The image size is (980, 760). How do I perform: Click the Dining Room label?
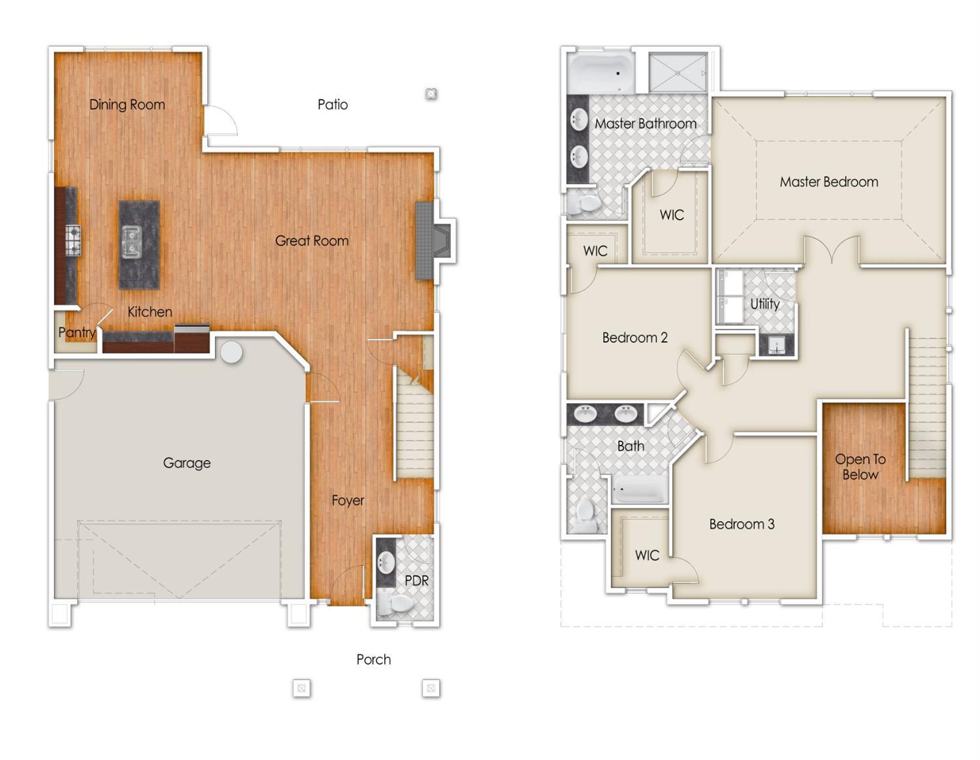[x=127, y=105]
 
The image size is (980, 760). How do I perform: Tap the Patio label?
[x=333, y=105]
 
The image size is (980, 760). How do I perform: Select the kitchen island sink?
[x=132, y=241]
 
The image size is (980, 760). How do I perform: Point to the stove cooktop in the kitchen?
[x=73, y=240]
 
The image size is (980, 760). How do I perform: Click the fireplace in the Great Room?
[x=433, y=240]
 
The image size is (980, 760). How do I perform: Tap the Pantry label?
[x=76, y=333]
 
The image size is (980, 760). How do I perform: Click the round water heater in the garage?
[x=231, y=352]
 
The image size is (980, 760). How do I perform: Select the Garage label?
[x=187, y=463]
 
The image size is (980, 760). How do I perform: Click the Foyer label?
[x=348, y=501]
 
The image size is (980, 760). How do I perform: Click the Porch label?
[x=374, y=659]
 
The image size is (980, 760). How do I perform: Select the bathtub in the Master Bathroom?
[x=600, y=73]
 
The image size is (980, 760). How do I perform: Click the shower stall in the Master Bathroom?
[x=678, y=72]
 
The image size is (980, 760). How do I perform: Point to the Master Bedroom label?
[x=828, y=182]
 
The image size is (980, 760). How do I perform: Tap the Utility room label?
[x=764, y=304]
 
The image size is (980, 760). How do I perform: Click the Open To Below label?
[x=860, y=467]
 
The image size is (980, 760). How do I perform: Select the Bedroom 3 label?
[x=742, y=524]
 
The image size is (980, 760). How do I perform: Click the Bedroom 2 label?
[x=634, y=338]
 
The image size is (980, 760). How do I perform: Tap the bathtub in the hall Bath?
[x=639, y=489]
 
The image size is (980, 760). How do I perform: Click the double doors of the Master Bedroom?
[x=831, y=251]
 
